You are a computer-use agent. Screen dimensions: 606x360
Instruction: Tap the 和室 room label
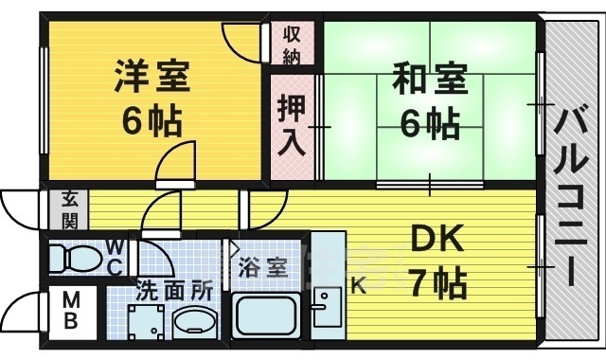pyautogui.click(x=430, y=79)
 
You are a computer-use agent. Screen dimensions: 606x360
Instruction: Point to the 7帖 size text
pyautogui.click(x=437, y=281)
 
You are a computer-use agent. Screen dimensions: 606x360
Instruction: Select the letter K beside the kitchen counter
pyautogui.click(x=359, y=285)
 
